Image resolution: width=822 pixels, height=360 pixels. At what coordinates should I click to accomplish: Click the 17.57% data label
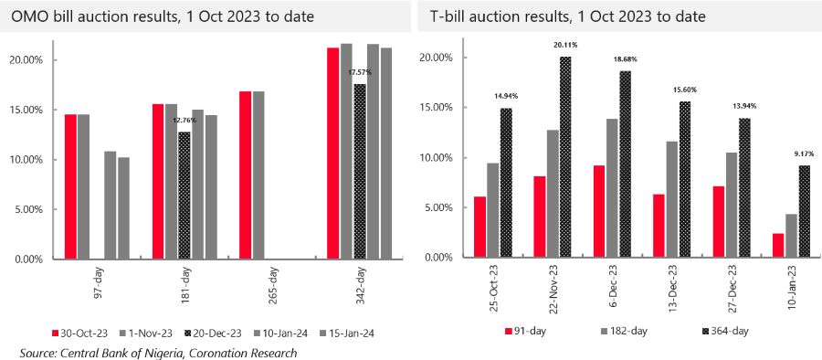[x=360, y=72]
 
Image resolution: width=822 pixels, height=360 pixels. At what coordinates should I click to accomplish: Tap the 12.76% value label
[x=184, y=121]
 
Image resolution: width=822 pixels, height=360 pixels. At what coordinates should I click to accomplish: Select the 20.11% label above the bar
[x=565, y=45]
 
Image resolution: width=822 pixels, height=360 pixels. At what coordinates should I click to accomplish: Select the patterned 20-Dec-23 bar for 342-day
[x=360, y=172]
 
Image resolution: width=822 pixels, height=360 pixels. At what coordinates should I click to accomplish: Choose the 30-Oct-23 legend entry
[x=80, y=334]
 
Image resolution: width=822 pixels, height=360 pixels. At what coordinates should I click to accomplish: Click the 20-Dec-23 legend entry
[x=216, y=334]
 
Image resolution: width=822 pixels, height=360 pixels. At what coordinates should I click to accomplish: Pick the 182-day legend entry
[x=625, y=331]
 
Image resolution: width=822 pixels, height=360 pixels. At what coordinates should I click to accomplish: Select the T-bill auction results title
[x=568, y=17]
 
